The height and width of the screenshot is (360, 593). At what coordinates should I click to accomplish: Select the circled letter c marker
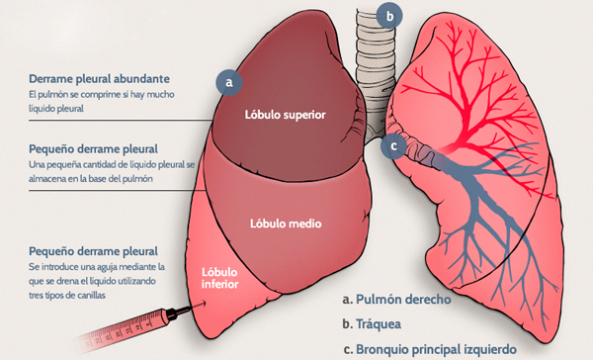click(394, 144)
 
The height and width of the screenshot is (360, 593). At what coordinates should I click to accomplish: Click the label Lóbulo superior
click(286, 113)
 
